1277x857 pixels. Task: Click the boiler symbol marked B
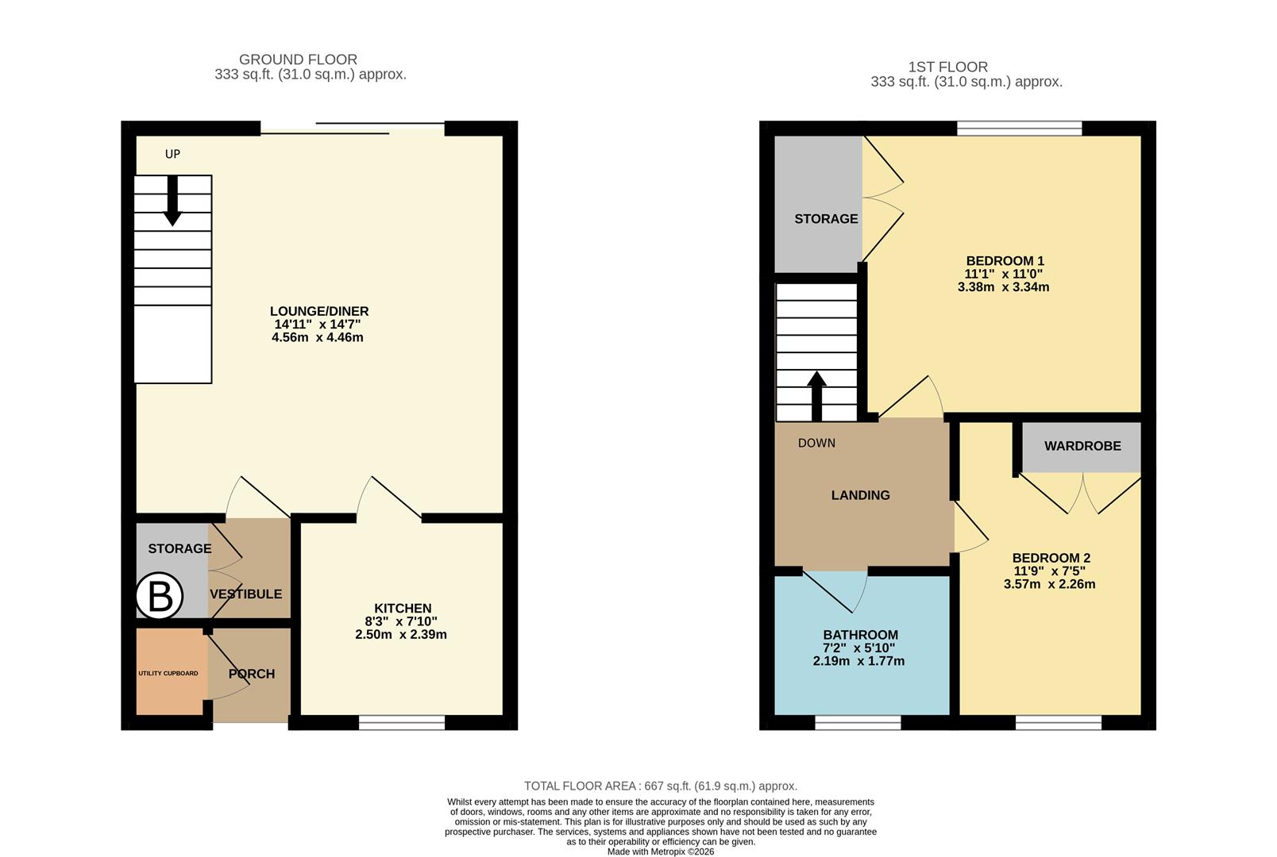point(160,596)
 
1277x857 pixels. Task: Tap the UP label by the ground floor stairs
point(172,154)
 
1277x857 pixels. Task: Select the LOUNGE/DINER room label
point(319,311)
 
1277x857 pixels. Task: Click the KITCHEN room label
point(403,609)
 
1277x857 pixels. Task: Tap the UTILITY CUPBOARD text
point(168,673)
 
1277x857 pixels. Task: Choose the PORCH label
point(252,674)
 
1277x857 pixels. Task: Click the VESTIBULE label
point(245,594)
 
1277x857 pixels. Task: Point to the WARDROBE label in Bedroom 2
point(1082,446)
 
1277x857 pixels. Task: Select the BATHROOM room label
point(860,635)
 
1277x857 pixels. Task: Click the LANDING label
point(860,495)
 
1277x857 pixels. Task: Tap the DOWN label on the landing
point(816,443)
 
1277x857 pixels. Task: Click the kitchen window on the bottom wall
point(402,722)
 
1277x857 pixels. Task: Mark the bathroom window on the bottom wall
point(858,722)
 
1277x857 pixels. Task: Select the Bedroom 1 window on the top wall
point(1020,128)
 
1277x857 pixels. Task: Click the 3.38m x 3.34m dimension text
point(1004,287)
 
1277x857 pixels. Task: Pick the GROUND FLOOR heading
point(298,60)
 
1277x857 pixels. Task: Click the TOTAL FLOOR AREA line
point(661,786)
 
